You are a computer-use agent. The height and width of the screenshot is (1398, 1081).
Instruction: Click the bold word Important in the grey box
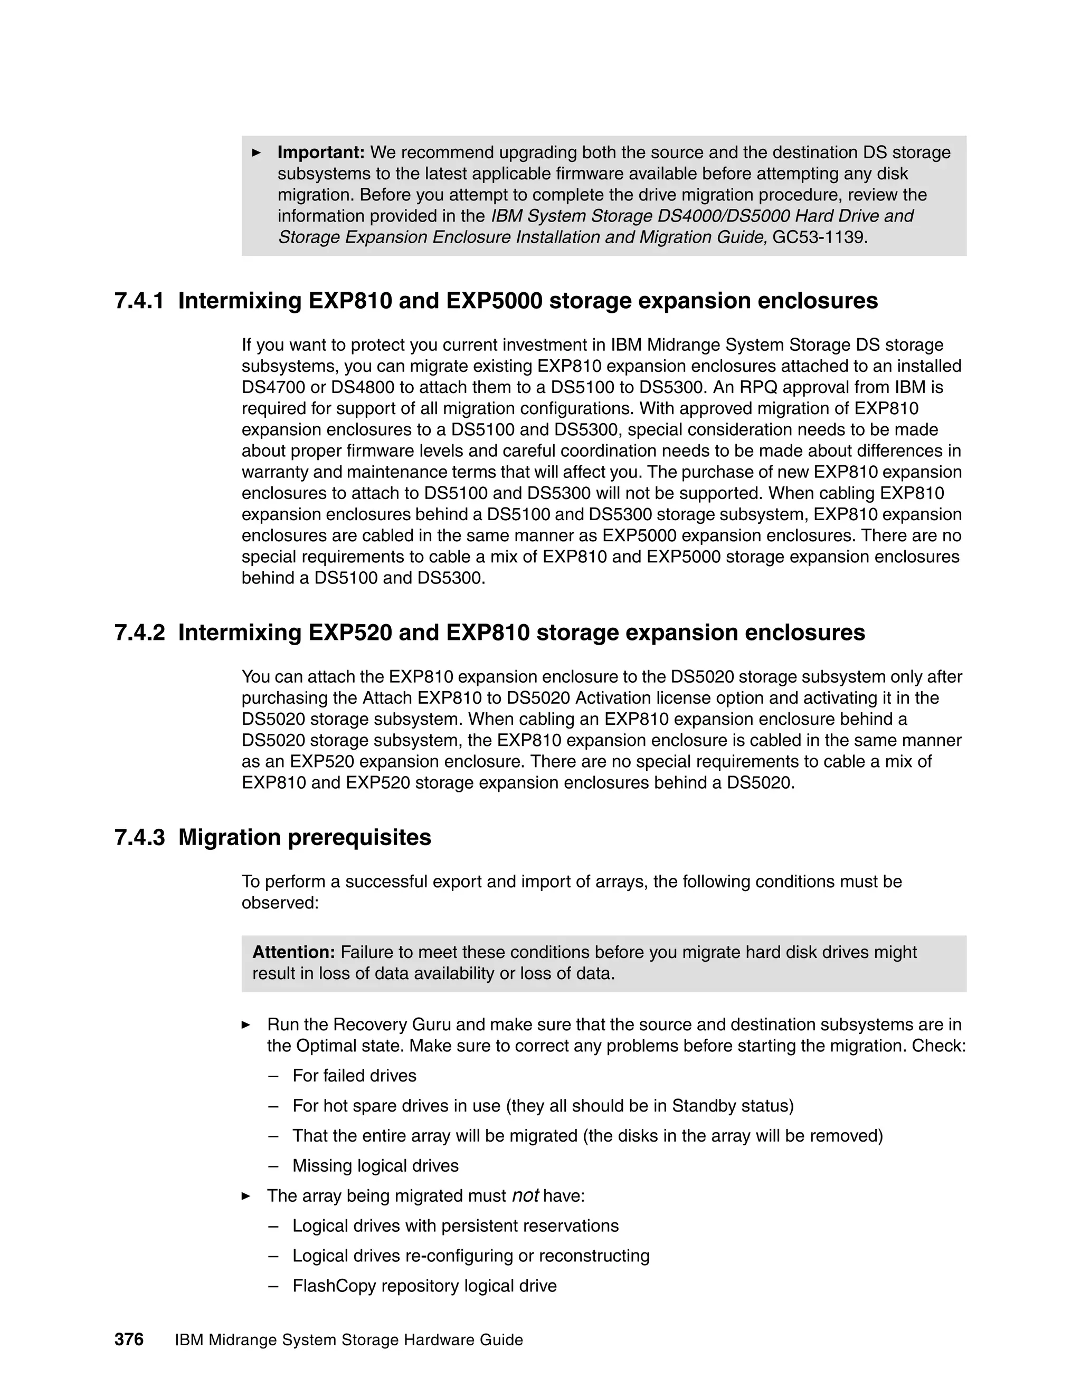click(x=320, y=153)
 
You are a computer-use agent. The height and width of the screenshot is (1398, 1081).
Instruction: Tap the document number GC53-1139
click(x=819, y=237)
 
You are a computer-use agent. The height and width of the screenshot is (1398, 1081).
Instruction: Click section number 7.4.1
click(x=139, y=301)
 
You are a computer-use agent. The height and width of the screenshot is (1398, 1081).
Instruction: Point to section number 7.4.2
click(x=139, y=633)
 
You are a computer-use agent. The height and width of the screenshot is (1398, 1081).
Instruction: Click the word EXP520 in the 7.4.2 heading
click(x=349, y=633)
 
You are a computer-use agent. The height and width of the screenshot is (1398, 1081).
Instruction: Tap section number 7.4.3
click(x=139, y=837)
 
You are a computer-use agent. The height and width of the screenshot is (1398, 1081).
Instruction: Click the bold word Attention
click(x=293, y=952)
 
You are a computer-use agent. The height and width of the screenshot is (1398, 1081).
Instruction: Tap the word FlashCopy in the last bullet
click(x=334, y=1286)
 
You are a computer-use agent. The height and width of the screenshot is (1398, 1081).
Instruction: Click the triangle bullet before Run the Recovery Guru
click(x=246, y=1025)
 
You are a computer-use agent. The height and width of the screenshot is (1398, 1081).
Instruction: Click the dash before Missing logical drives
click(x=273, y=1166)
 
